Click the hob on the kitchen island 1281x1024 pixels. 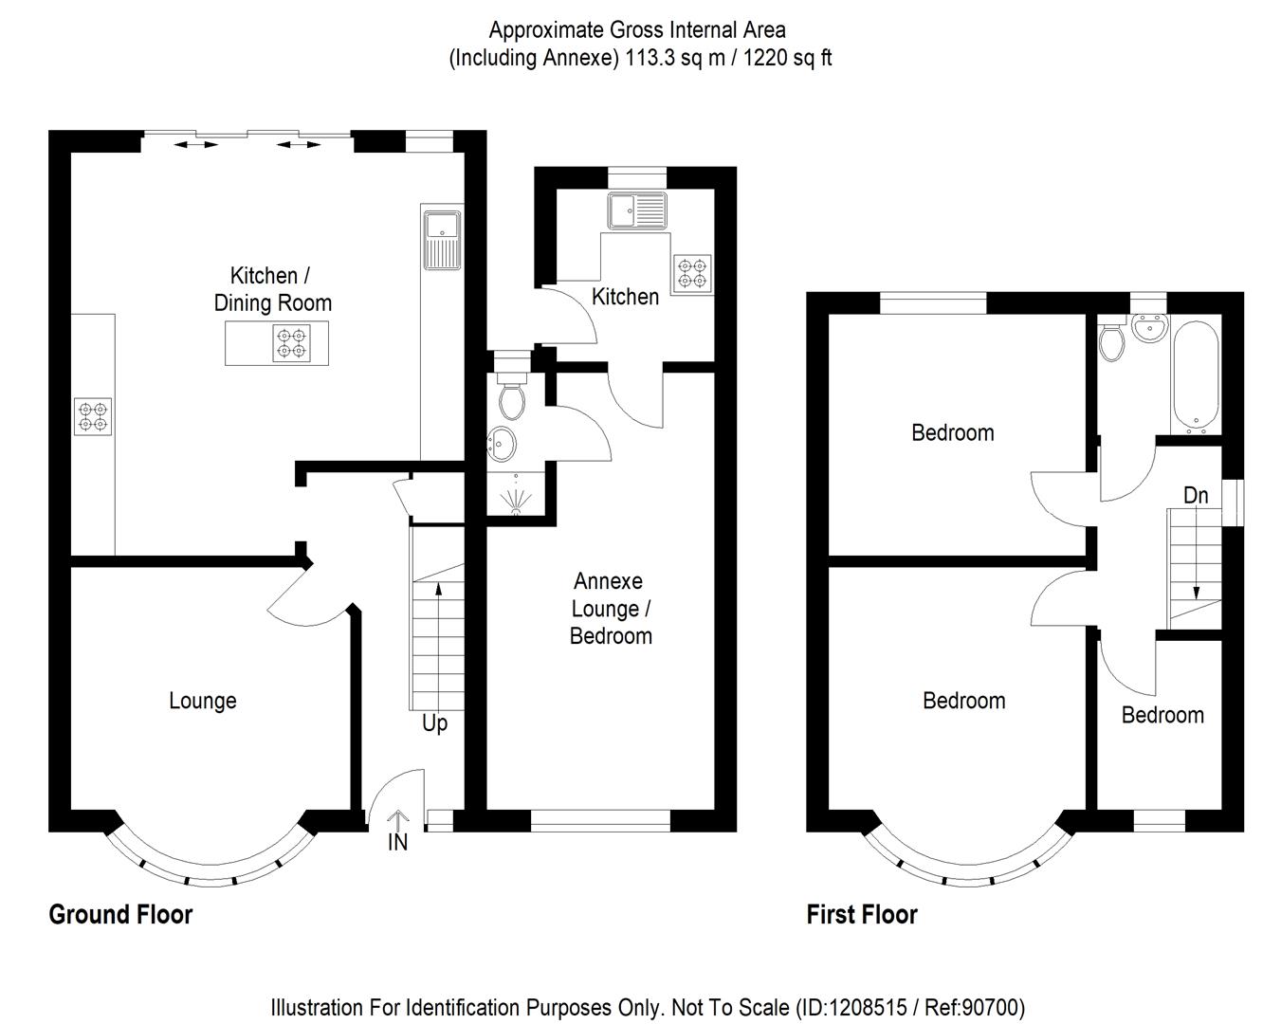pyautogui.click(x=292, y=342)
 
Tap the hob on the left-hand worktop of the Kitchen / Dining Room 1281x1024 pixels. pyautogui.click(x=93, y=416)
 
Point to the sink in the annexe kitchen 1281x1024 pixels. pyautogui.click(x=639, y=210)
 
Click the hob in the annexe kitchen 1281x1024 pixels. pyautogui.click(x=692, y=273)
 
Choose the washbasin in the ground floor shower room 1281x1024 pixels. pyautogui.click(x=503, y=441)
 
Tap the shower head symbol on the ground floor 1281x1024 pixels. pyautogui.click(x=516, y=497)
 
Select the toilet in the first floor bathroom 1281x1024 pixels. pyautogui.click(x=1110, y=341)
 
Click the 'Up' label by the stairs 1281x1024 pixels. pyautogui.click(x=434, y=723)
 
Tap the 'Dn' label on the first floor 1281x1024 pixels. pyautogui.click(x=1196, y=495)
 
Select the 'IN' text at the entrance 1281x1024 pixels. pyautogui.click(x=397, y=841)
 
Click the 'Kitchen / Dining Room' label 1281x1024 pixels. pyautogui.click(x=272, y=289)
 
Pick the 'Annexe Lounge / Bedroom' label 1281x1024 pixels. pyautogui.click(x=611, y=609)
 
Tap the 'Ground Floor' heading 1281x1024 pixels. pyautogui.click(x=120, y=914)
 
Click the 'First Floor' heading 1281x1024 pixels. pyautogui.click(x=862, y=914)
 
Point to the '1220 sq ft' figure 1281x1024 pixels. pyautogui.click(x=787, y=58)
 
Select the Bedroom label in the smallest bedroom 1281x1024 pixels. pyautogui.click(x=1162, y=715)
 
